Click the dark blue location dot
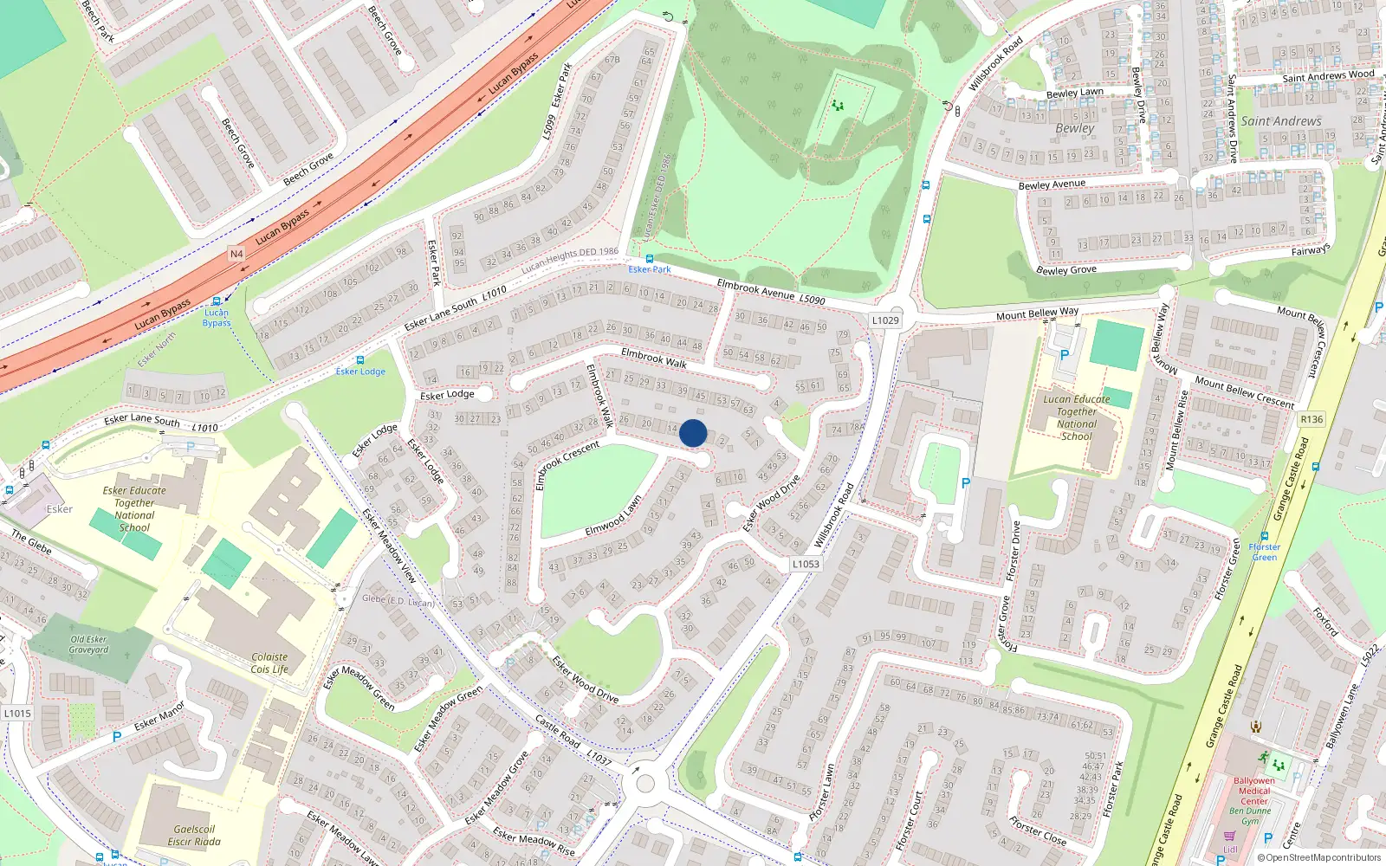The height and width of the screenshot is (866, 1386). pos(693,433)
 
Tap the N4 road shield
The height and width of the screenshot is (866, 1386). pos(236,254)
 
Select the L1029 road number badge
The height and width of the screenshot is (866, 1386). pos(885,320)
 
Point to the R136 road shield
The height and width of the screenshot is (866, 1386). pos(1312,419)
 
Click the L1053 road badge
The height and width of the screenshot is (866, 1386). pos(806,564)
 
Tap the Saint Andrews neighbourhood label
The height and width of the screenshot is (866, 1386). pos(1281,121)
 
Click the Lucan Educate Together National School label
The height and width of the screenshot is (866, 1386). pos(1077,417)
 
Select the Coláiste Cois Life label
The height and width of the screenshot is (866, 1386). pos(269,663)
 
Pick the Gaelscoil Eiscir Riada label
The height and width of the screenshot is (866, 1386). pos(194,835)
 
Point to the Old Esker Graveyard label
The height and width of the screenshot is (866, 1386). pos(88,644)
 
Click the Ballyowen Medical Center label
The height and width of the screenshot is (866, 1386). pos(1253,791)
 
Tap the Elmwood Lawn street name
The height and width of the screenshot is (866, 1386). pos(613,516)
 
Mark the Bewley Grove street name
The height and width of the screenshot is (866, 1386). pos(1066,270)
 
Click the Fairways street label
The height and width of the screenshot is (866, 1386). pos(1310,251)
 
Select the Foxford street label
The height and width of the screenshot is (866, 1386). pos(1325,622)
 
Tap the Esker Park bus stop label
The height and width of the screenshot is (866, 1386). pos(650,269)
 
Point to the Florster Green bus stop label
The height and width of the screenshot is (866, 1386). pos(1265,552)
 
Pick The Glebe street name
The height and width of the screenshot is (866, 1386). pos(31,541)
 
